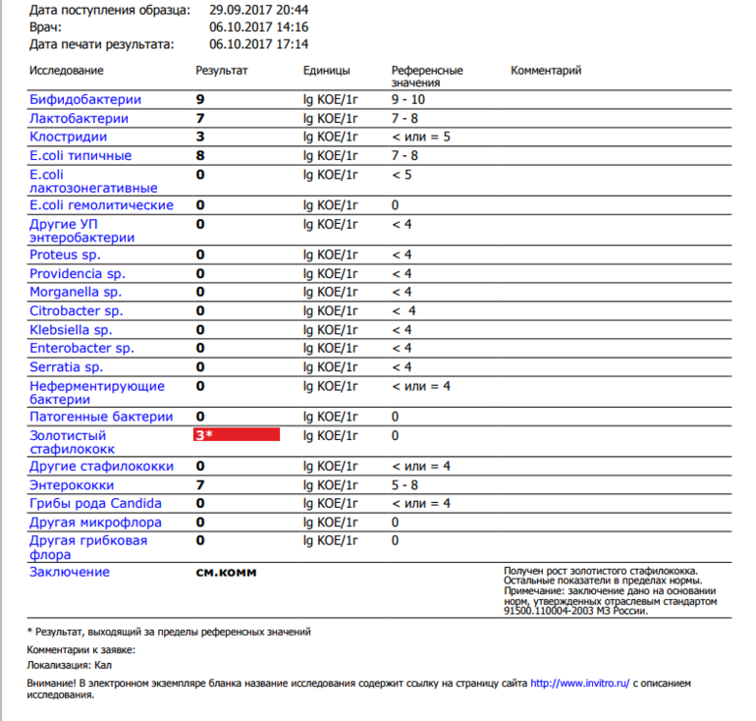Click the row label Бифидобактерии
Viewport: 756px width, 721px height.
[x=85, y=100]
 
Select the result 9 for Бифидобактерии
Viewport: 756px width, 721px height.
[x=200, y=100]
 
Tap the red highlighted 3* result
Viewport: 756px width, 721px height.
[x=238, y=435]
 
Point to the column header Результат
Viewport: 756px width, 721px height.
[x=222, y=71]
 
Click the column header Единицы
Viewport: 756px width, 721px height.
[x=327, y=71]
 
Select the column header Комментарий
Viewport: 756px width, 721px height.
[x=546, y=71]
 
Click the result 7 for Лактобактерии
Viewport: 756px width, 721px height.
[x=200, y=119]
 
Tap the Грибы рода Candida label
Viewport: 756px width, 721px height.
[x=95, y=504]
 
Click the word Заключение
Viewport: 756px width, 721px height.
[x=70, y=573]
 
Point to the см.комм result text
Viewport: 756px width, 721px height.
[x=227, y=573]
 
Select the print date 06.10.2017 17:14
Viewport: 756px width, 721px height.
[x=259, y=44]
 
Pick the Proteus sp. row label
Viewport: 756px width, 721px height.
[x=65, y=255]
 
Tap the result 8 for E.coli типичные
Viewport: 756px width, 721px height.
[x=200, y=156]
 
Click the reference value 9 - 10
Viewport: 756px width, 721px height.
[x=407, y=100]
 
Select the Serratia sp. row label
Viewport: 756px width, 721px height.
[x=66, y=367]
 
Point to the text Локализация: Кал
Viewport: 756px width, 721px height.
[x=70, y=667]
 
